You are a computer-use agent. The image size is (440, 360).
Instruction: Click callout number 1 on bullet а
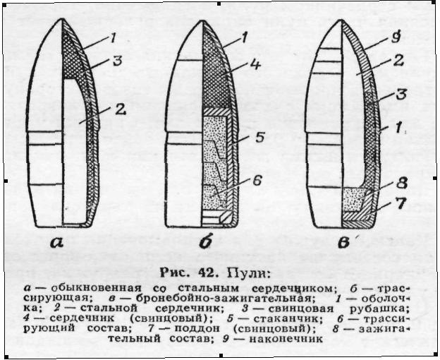coord(113,38)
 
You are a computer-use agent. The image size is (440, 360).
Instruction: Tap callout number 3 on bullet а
coord(118,61)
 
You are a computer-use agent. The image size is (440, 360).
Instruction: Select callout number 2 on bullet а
coord(121,109)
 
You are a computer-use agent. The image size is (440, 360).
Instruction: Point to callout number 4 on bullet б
coord(255,64)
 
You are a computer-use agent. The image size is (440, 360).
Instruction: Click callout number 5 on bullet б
coord(259,138)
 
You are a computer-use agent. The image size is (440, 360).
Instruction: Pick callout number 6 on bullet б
coord(257,181)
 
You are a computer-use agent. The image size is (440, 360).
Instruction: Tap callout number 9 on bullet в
coord(396,37)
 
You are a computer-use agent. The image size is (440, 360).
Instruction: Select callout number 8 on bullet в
coord(402,183)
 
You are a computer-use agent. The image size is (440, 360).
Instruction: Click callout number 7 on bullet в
coord(401,203)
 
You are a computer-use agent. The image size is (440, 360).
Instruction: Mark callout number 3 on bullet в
coord(401,94)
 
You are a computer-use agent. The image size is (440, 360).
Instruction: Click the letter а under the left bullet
coord(56,242)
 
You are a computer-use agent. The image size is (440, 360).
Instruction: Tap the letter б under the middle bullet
coord(205,241)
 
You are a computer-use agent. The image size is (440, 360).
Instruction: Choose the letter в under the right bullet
coord(343,243)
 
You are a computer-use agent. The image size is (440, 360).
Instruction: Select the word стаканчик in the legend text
coord(286,319)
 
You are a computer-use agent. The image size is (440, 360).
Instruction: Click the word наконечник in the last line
coord(286,339)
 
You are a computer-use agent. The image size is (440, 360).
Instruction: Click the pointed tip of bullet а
coord(62,19)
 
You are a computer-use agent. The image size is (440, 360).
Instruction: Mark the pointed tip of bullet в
coord(341,20)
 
